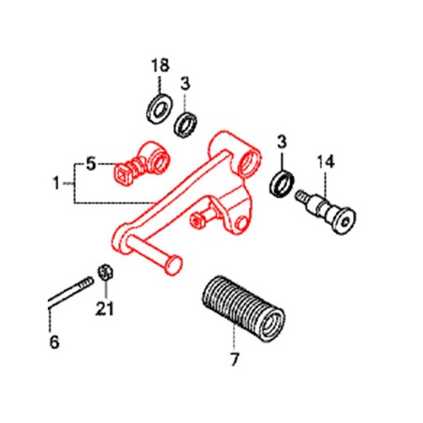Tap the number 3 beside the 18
(x=186, y=82)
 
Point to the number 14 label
(x=324, y=160)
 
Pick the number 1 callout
(x=55, y=181)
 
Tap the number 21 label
(x=105, y=311)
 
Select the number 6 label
(x=53, y=343)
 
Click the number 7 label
(x=234, y=358)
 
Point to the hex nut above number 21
(x=106, y=272)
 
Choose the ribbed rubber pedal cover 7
(x=240, y=302)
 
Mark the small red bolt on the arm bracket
(x=199, y=221)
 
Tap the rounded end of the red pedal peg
(x=170, y=269)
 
